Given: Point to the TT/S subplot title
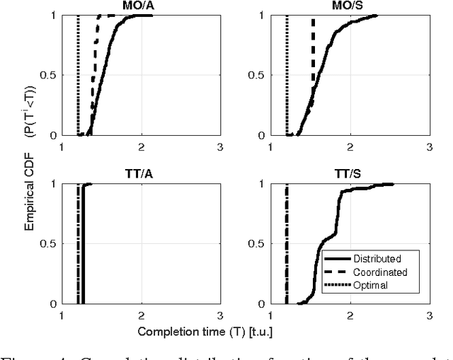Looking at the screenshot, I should (x=349, y=173).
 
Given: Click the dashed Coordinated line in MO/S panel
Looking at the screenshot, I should (x=313, y=57).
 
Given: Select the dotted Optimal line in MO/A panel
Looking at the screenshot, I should (x=78, y=71).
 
